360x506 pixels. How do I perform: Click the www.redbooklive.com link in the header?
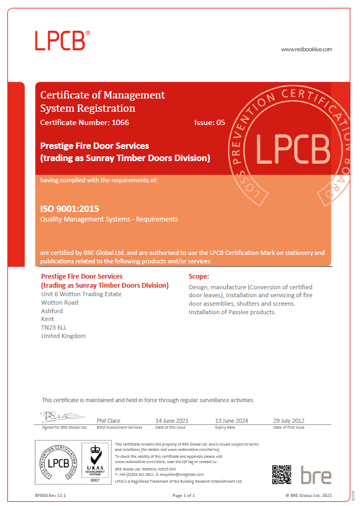click(306, 49)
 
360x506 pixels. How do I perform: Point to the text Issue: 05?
click(210, 122)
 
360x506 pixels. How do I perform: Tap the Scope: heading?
click(199, 277)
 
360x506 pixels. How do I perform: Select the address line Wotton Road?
click(59, 303)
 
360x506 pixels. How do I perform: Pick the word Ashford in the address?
click(52, 311)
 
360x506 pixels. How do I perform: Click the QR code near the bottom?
click(282, 474)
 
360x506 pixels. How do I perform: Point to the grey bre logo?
click(316, 475)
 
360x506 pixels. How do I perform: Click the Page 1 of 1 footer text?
click(184, 495)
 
